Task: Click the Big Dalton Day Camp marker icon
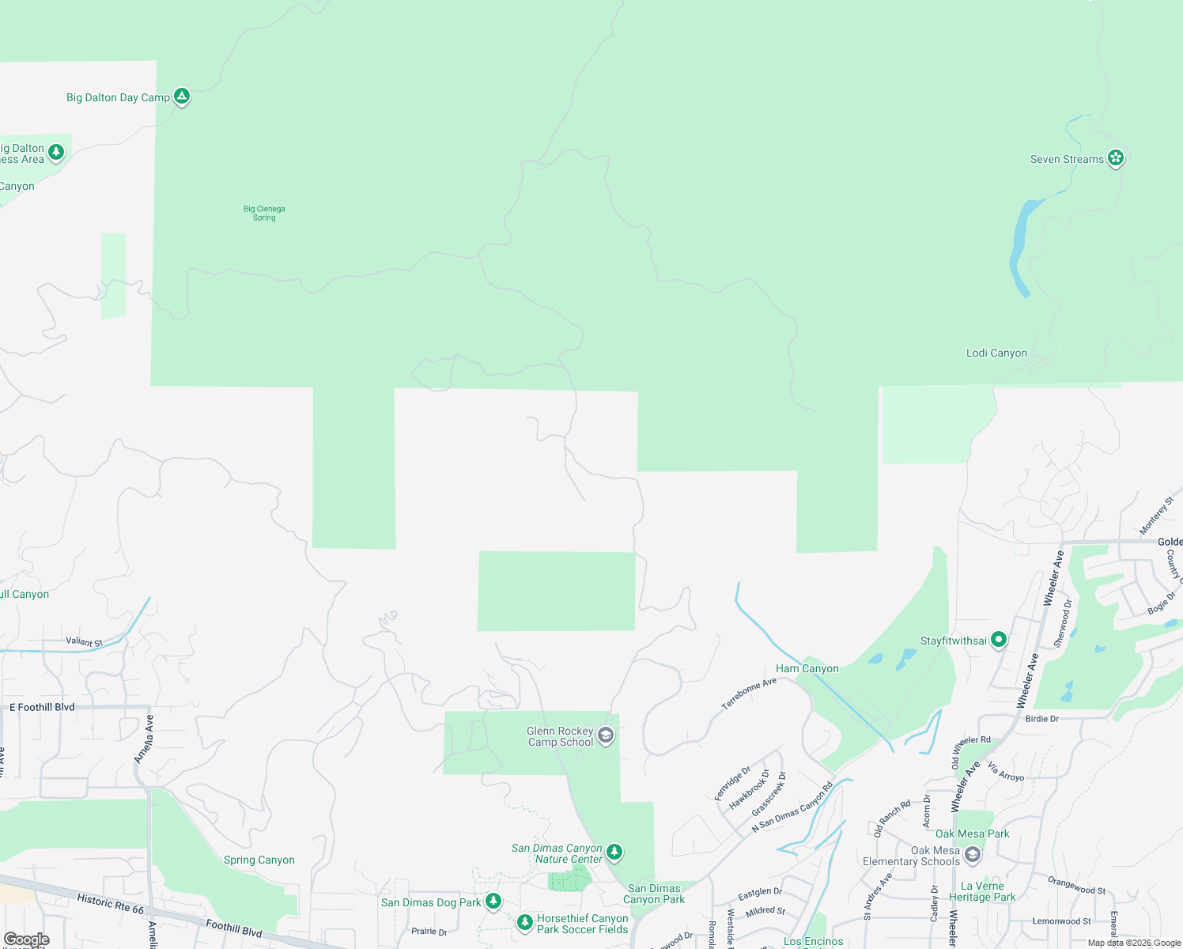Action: [x=182, y=96]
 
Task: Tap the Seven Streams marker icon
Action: [x=1116, y=158]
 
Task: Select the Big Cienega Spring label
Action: [x=264, y=214]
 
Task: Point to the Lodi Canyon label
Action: [x=996, y=354]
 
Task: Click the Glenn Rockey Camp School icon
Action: [x=606, y=736]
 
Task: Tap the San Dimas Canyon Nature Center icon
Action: [x=614, y=853]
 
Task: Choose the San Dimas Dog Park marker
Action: [x=493, y=902]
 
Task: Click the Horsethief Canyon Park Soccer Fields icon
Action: [x=524, y=923]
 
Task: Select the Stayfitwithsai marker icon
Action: [x=999, y=640]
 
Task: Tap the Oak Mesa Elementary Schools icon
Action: [x=973, y=855]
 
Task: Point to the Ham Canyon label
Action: [x=807, y=669]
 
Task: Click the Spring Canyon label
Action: [x=259, y=860]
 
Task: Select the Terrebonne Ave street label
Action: [x=749, y=694]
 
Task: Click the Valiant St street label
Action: [x=84, y=642]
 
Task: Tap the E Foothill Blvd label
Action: [x=42, y=708]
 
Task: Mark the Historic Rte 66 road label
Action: [x=111, y=903]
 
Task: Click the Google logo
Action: [x=26, y=940]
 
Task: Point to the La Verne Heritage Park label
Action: [x=982, y=892]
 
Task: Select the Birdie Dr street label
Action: [x=1041, y=719]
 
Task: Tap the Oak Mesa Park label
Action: [x=972, y=834]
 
